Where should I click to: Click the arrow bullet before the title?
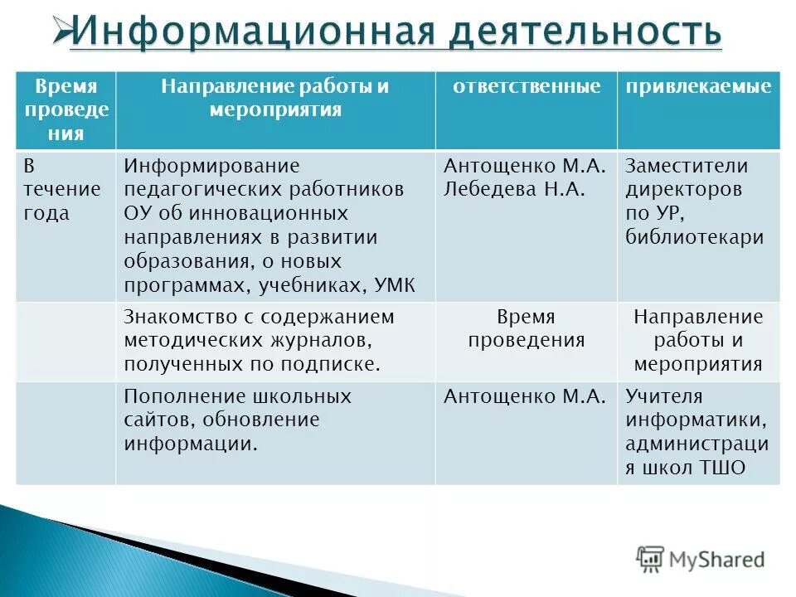pos(61,31)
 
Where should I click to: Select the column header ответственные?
pos(526,87)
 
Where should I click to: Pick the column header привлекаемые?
pos(698,87)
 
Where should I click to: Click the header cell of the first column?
pos(66,109)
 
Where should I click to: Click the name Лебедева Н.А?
pos(515,189)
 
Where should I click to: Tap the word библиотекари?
pos(695,238)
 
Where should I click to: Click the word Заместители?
pos(687,165)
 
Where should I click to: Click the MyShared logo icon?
pos(650,558)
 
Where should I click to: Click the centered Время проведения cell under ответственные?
pos(526,328)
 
